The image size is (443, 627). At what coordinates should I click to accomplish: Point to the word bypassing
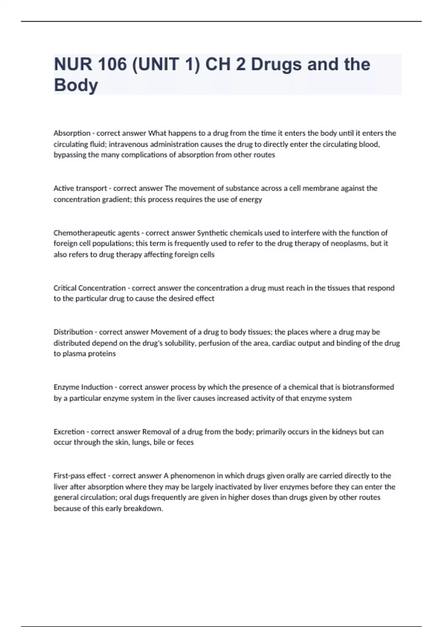coord(70,155)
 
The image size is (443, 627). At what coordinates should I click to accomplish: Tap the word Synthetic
coord(212,233)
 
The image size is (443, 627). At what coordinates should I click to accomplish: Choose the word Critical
coord(65,288)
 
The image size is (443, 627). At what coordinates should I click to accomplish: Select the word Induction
coord(97,387)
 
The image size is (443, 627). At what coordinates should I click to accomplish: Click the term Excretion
coord(69,432)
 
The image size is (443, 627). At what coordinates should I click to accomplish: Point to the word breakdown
coord(143,509)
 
